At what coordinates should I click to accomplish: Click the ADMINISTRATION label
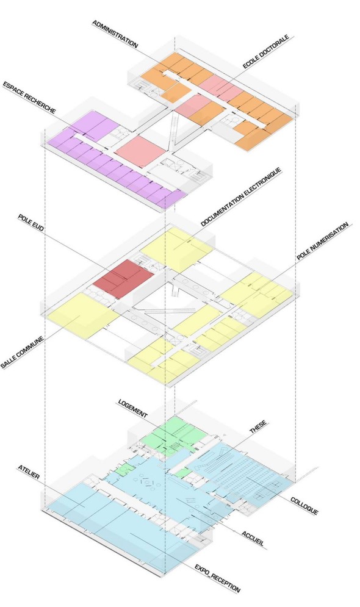pos(115,34)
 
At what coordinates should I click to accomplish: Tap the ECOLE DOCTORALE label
pos(266,52)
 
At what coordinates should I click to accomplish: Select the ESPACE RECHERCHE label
pos(29,97)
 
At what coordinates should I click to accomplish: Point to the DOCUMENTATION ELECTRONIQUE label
pos(241,197)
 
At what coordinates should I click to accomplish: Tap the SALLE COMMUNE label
pos(22,353)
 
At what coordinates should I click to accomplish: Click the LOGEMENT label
pos(133,409)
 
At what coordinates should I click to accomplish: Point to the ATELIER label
pos(29,472)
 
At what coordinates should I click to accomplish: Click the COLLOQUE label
pos(304,506)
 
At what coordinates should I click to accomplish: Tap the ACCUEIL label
pos(253,539)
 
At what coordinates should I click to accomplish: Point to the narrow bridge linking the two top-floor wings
pos(173,127)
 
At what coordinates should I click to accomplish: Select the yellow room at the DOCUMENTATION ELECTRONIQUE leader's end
pos(176,249)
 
